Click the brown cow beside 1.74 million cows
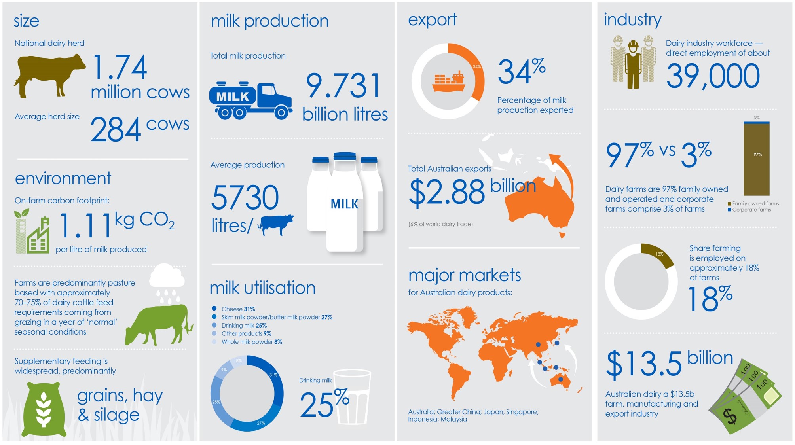point(49,75)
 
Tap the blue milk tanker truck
point(250,100)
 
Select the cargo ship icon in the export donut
point(448,81)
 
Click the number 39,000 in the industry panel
point(713,76)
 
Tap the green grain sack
point(43,409)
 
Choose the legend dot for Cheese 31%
point(214,308)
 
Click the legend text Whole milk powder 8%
point(252,342)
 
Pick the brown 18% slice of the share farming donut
point(659,253)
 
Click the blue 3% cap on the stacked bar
point(756,123)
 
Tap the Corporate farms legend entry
point(749,210)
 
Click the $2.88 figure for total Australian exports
point(447,193)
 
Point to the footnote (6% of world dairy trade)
point(440,224)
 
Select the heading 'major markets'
point(465,275)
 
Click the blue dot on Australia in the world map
point(560,379)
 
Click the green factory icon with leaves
point(32,231)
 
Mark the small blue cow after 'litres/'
point(276,225)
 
